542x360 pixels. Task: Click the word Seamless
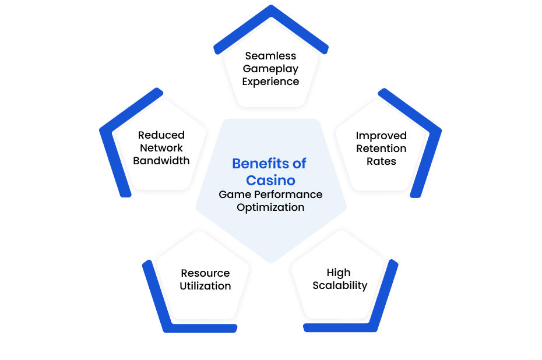270,55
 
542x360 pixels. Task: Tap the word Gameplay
270,69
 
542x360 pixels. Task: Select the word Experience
270,82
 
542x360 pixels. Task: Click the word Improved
381,136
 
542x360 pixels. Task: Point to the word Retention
381,148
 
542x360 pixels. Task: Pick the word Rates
381,161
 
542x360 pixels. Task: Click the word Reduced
161,135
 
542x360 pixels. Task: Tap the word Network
161,147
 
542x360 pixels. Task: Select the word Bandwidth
161,160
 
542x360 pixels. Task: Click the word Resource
205,273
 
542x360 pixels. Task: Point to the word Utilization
205,285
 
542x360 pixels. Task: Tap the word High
339,273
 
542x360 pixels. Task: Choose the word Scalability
340,285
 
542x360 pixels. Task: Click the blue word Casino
270,181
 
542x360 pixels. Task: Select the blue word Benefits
261,164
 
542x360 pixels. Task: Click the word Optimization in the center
270,207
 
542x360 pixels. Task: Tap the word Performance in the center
288,194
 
